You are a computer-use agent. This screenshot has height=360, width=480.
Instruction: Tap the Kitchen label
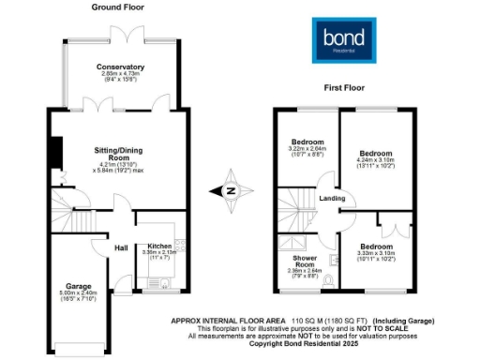pyautogui.click(x=159, y=246)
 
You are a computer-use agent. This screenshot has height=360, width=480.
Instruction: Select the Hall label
pyautogui.click(x=121, y=247)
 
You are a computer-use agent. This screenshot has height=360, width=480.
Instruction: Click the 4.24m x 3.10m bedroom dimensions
pyautogui.click(x=376, y=160)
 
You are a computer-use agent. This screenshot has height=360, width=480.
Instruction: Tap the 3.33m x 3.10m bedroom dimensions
pyautogui.click(x=377, y=252)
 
